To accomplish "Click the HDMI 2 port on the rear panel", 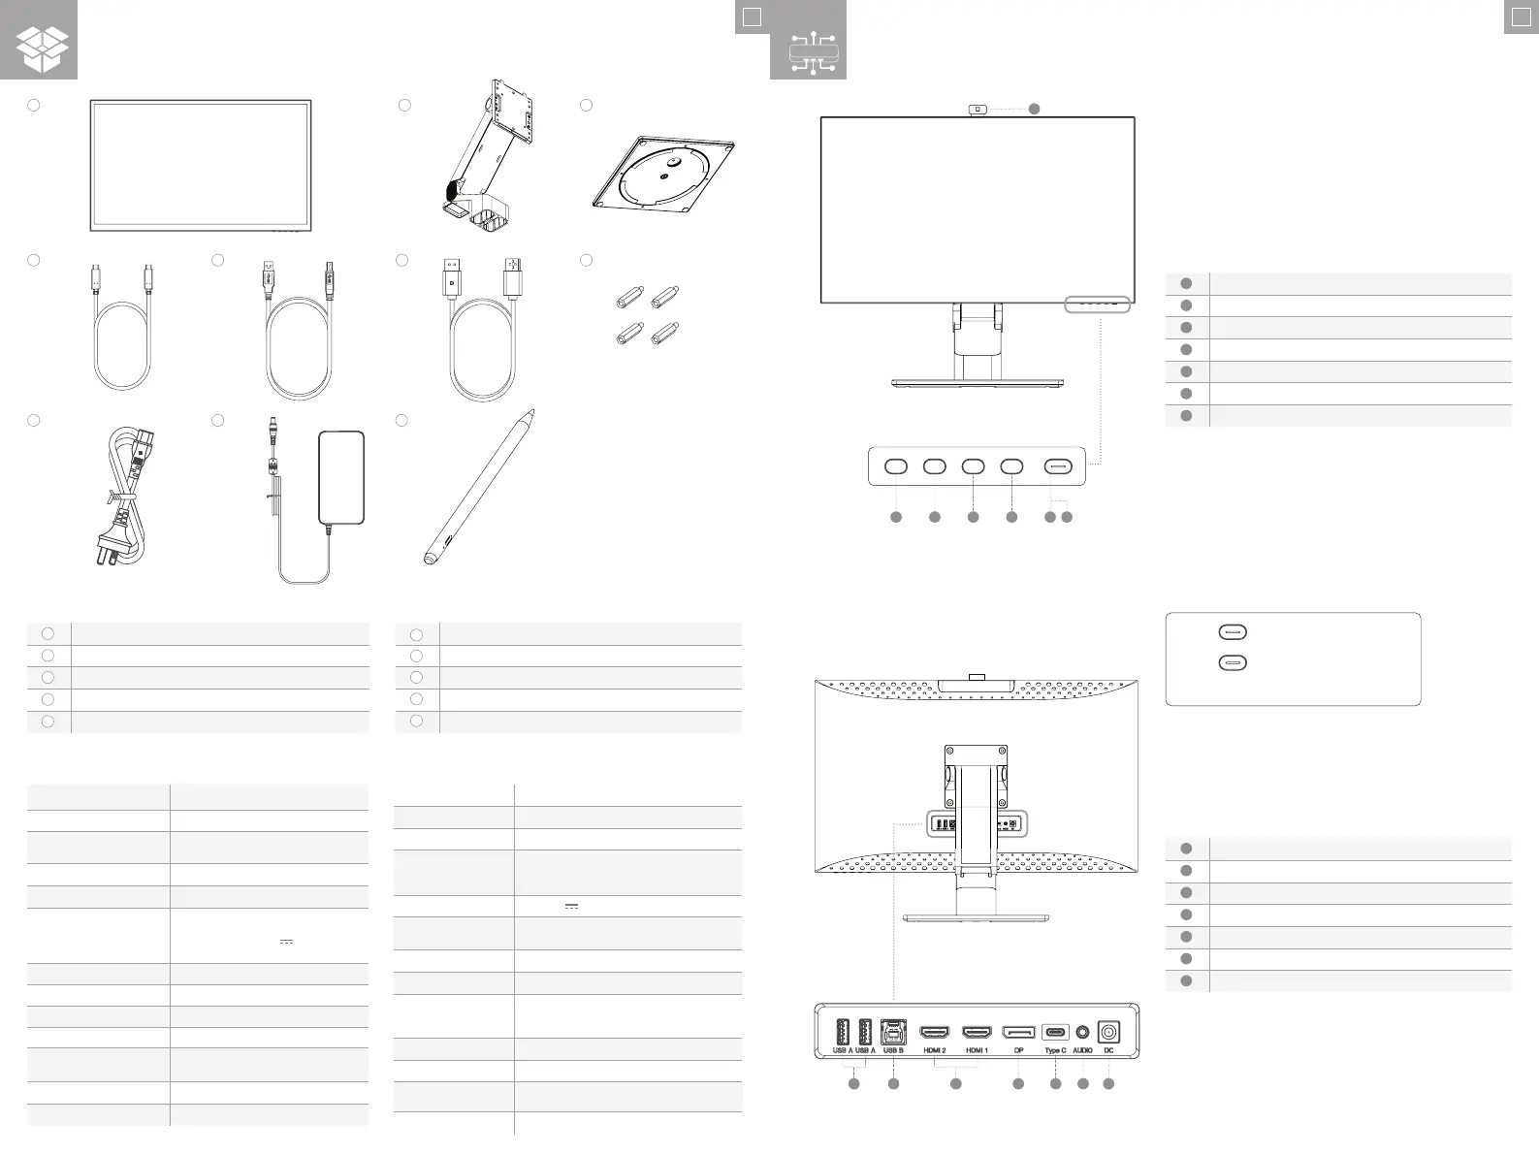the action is [934, 1032].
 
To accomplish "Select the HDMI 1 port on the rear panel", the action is [977, 1032].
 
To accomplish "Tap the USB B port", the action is [893, 1031].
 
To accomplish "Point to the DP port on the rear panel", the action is [1018, 1032].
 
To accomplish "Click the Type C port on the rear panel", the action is [1055, 1033].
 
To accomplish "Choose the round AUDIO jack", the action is [1083, 1033].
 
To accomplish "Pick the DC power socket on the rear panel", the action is [1108, 1033].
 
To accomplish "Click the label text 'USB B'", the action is [893, 1050].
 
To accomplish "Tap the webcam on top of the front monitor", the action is [978, 109].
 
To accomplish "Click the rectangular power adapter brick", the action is [341, 476].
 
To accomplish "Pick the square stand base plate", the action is [664, 173].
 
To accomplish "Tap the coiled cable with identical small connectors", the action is [123, 330].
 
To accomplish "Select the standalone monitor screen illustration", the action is [201, 165].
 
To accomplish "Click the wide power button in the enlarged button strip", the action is [1058, 466].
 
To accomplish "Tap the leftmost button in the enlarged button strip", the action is [895, 466].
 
